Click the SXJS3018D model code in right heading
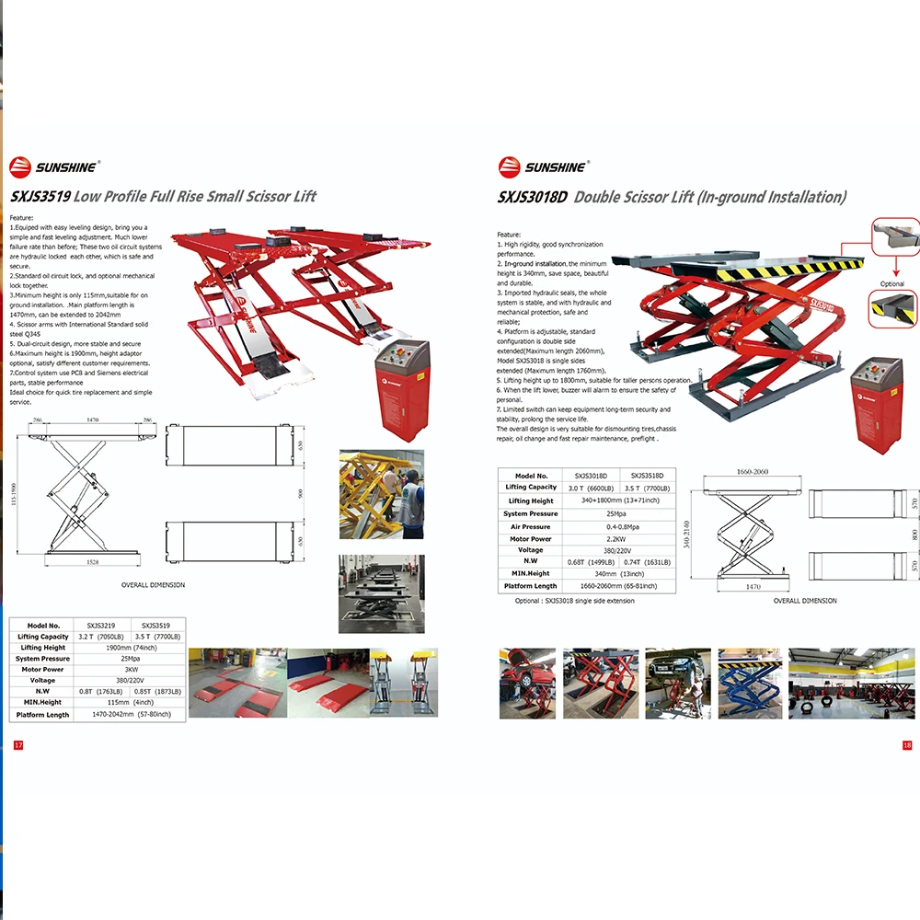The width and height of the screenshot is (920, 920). tap(532, 196)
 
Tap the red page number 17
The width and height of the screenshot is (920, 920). tap(17, 744)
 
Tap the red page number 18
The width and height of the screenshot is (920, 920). tap(906, 745)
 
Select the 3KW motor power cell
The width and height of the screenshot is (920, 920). tap(131, 670)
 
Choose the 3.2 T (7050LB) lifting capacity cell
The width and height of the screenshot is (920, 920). tap(101, 636)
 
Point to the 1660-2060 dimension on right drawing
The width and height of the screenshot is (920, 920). tap(752, 471)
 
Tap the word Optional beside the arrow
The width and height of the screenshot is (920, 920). tap(891, 284)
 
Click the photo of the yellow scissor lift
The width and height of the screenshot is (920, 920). tap(381, 494)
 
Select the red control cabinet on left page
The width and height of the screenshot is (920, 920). tap(402, 391)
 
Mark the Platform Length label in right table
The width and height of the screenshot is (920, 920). tap(531, 585)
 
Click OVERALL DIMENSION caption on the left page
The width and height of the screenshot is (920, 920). tap(153, 585)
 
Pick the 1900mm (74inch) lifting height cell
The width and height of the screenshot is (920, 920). tap(131, 648)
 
